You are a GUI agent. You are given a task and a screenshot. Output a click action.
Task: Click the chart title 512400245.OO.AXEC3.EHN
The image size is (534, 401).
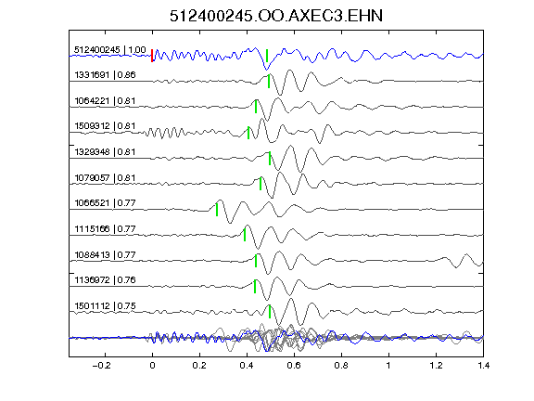point(276,16)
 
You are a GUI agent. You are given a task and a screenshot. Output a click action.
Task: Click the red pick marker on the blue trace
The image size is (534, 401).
point(152,56)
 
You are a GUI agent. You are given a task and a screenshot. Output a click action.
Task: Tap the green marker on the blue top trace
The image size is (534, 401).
point(267,56)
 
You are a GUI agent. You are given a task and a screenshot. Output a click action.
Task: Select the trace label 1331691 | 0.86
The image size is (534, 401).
point(105,74)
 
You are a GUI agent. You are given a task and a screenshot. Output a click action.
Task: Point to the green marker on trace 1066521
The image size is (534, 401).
point(217,210)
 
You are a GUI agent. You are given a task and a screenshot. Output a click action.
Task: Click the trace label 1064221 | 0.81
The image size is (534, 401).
point(105,101)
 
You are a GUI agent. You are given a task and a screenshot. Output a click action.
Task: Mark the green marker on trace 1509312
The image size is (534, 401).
point(248,133)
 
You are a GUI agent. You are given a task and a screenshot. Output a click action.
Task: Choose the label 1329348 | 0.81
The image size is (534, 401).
point(105,151)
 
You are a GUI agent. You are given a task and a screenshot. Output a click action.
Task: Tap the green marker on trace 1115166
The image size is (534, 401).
point(245,235)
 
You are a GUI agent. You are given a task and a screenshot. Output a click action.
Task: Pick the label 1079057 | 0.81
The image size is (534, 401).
point(105,177)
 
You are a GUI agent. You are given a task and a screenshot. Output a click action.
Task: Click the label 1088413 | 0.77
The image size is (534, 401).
point(105,254)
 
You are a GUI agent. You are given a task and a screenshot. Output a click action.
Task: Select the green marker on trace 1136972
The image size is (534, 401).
point(255,286)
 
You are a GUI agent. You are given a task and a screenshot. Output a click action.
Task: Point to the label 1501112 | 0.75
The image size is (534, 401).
point(105,306)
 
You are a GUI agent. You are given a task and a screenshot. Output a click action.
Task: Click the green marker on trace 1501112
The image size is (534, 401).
point(270,312)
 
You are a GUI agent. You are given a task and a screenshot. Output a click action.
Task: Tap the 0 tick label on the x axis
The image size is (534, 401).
point(152,366)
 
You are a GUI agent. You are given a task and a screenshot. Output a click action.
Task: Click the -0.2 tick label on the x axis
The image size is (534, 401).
point(101,366)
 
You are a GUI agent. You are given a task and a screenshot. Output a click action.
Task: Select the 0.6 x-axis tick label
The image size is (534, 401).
point(294,366)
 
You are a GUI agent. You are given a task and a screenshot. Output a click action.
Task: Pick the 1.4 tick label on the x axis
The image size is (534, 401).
point(483,366)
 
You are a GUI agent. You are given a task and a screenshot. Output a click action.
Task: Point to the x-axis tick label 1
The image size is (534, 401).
point(388,366)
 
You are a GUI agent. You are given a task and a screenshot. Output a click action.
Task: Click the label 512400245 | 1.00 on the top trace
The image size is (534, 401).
point(110,50)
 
